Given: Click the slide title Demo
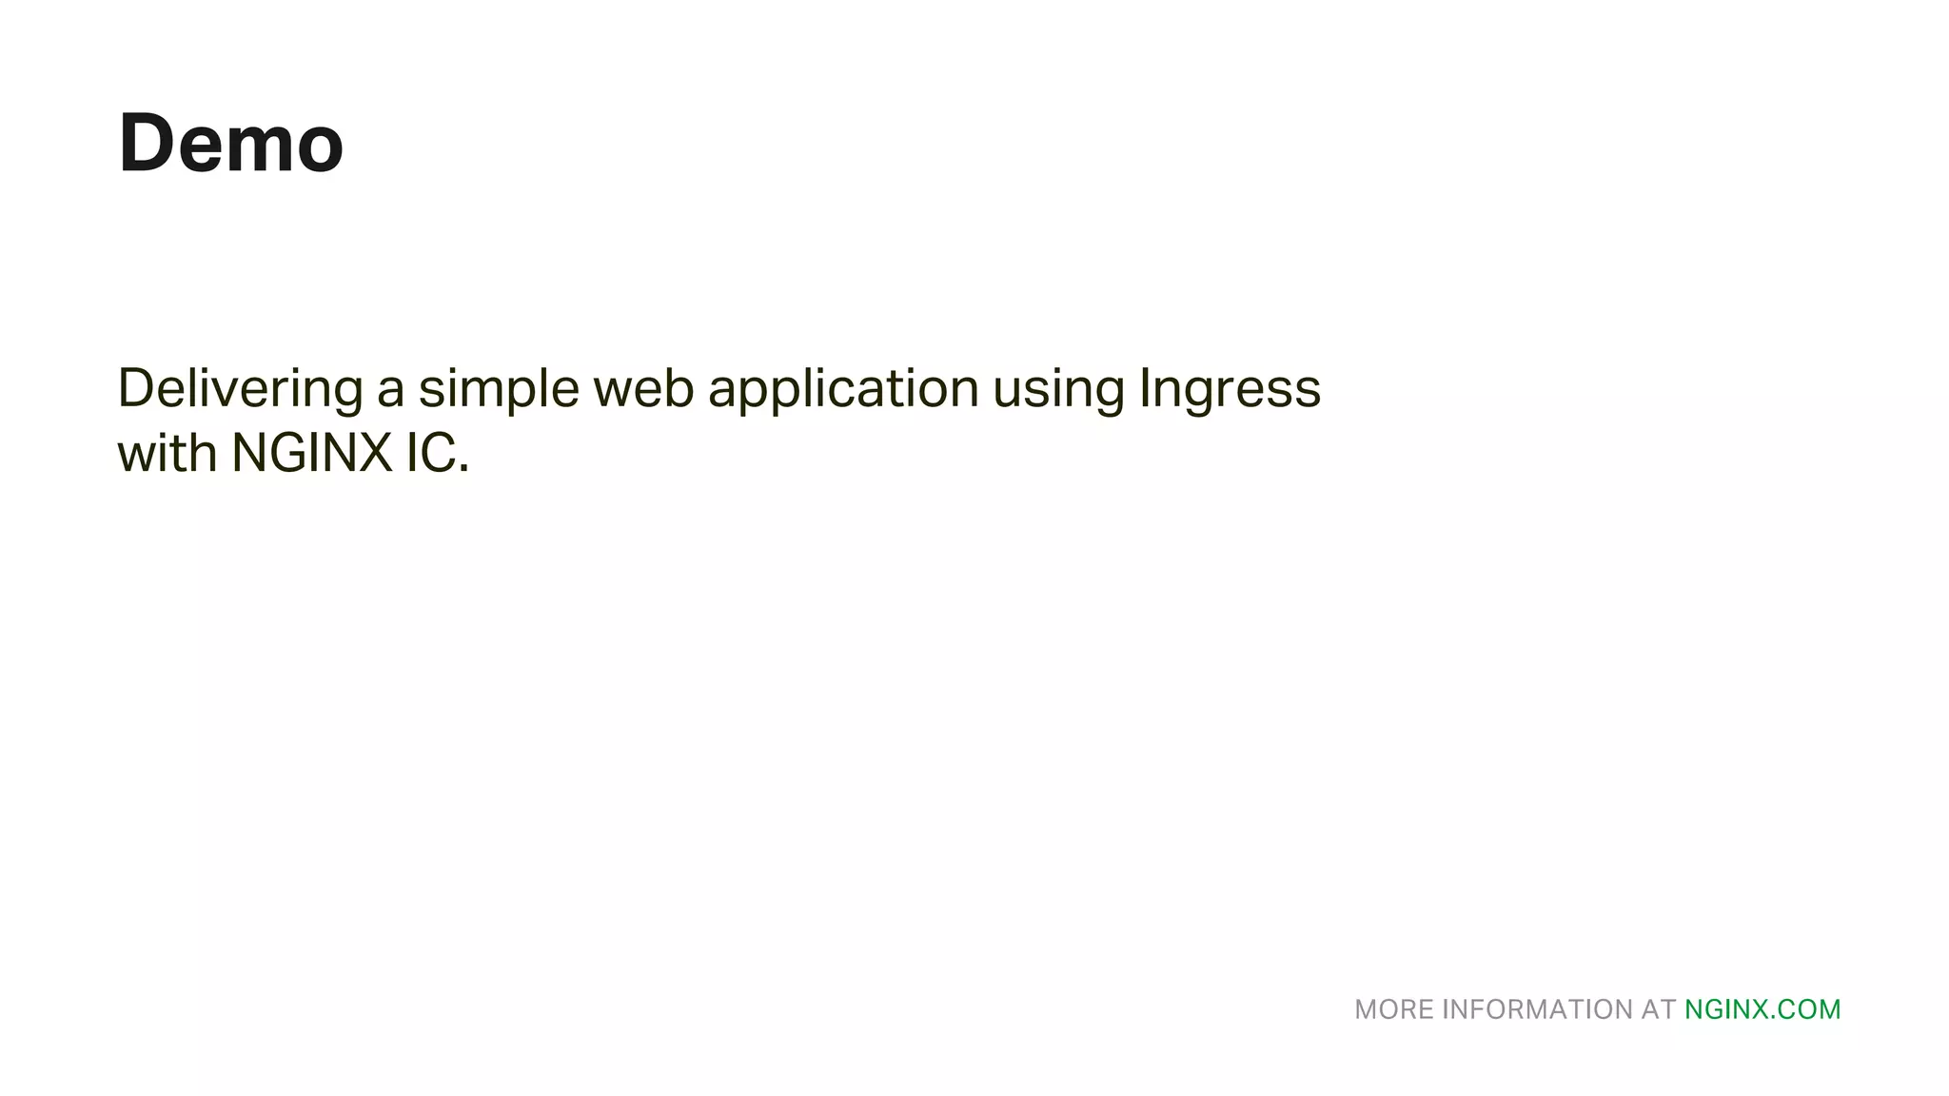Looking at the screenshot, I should pyautogui.click(x=230, y=144).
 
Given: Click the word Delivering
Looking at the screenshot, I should pyautogui.click(x=240, y=389).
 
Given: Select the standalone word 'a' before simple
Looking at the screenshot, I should pyautogui.click(x=390, y=392).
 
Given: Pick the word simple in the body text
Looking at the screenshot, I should pyautogui.click(x=499, y=389).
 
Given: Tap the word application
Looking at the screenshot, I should pyautogui.click(x=843, y=389).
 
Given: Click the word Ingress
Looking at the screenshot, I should pyautogui.click(x=1230, y=389).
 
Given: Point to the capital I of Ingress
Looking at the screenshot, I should pyautogui.click(x=1146, y=387).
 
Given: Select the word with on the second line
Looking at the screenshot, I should pyautogui.click(x=167, y=453).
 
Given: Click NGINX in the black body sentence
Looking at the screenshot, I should pyautogui.click(x=312, y=453).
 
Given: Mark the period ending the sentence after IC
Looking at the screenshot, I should pyautogui.click(x=464, y=470).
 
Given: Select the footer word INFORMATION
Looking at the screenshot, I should pyautogui.click(x=1537, y=1009).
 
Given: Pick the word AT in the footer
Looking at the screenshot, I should pyautogui.click(x=1658, y=1009).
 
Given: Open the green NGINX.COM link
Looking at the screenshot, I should pyautogui.click(x=1762, y=1009).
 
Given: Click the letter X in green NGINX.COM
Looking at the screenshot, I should pyautogui.click(x=1760, y=1009).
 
